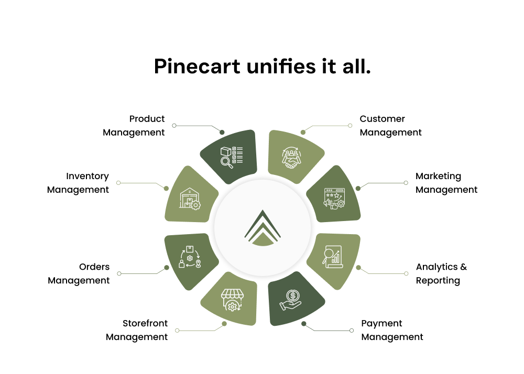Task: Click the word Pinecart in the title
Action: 197,66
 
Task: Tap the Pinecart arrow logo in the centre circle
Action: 263,228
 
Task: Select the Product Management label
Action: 134,126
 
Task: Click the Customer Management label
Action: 391,126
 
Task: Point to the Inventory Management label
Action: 78,183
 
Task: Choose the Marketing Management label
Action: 446,183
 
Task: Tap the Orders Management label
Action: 79,273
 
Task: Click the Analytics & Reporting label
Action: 441,273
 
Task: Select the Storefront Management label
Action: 137,330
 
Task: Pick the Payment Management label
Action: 392,330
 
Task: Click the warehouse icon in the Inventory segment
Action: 190,199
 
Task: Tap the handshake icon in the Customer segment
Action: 291,158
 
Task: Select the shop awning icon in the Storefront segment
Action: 232,300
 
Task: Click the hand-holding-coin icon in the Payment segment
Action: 290,300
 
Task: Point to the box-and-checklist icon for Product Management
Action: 232,157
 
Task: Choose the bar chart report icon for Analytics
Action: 333,257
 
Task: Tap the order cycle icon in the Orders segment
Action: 190,257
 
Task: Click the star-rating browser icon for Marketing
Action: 334,199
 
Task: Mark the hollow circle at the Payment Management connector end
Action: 352,331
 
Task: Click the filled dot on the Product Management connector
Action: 222,132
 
